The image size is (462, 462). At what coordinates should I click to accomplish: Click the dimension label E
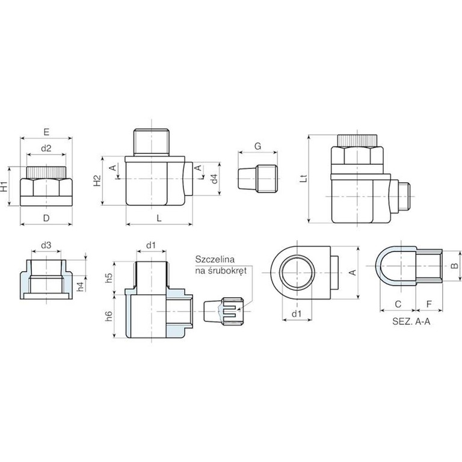(46, 132)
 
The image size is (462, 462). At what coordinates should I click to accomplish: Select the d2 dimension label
(46, 148)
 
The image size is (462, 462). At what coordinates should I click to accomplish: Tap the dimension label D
(46, 218)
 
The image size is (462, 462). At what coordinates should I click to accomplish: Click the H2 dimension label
(97, 180)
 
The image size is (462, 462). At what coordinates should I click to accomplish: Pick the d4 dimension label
(215, 179)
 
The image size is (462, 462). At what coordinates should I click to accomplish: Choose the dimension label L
(159, 218)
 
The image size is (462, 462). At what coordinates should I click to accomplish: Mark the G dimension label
(258, 146)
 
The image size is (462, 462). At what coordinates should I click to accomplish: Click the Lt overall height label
(303, 178)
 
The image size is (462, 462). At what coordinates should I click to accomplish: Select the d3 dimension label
(46, 245)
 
